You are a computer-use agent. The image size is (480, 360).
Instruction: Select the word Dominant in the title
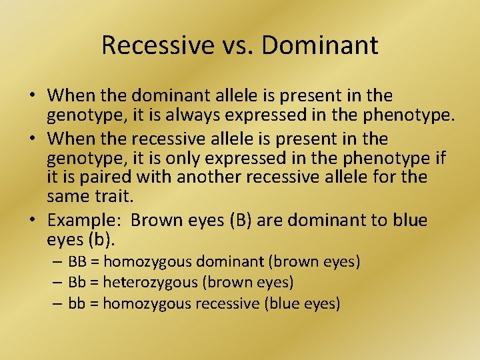pyautogui.click(x=321, y=45)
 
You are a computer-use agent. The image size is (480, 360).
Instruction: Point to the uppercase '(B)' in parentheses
pyautogui.click(x=240, y=220)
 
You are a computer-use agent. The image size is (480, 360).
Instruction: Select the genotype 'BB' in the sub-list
pyautogui.click(x=77, y=262)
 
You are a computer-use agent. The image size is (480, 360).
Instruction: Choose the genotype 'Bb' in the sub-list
pyautogui.click(x=77, y=283)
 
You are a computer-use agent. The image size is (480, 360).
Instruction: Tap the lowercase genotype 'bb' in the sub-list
pyautogui.click(x=77, y=304)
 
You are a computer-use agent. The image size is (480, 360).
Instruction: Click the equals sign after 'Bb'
pyautogui.click(x=94, y=283)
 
